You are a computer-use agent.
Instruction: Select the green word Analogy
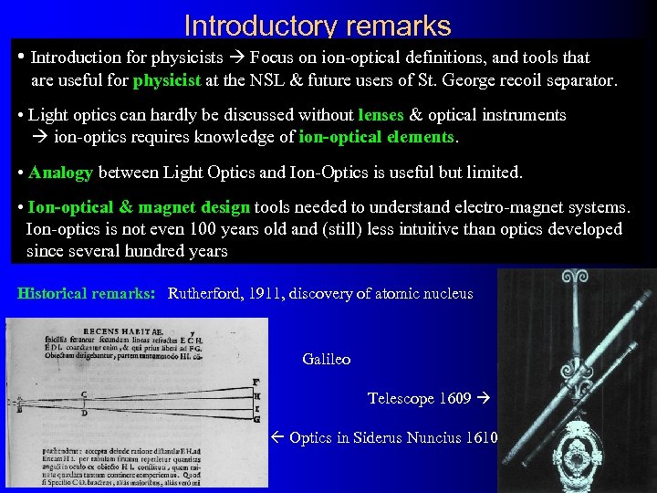click(61, 172)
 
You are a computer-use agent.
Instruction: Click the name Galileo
click(326, 359)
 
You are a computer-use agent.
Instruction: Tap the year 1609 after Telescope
click(454, 398)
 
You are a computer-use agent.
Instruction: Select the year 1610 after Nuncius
click(480, 437)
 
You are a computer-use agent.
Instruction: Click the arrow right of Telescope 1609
click(484, 398)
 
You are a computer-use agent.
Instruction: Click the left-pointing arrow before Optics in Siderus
click(279, 437)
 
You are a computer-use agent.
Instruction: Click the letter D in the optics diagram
click(83, 413)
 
